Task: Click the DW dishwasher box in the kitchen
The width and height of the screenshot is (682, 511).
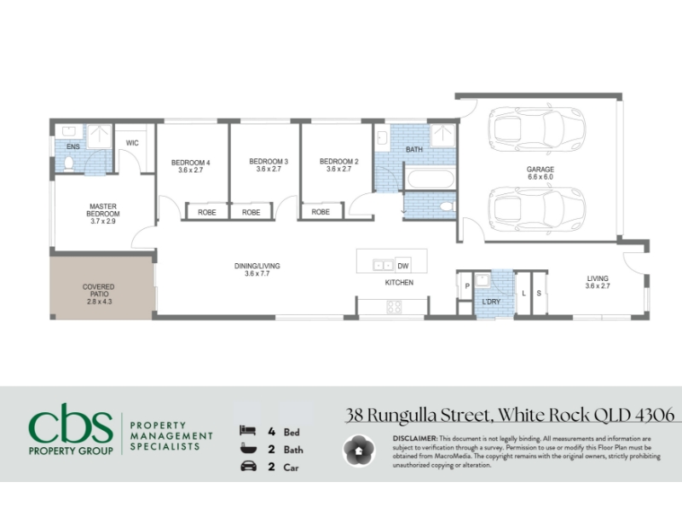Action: point(403,266)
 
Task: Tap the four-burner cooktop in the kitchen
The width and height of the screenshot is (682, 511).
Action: point(394,307)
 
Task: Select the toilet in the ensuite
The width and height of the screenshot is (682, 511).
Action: point(69,164)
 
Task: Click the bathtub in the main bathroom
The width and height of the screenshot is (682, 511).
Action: point(431,179)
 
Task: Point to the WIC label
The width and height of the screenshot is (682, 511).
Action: point(132,143)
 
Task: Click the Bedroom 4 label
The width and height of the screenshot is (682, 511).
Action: point(190,163)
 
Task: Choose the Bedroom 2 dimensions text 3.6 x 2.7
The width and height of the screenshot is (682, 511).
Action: point(338,169)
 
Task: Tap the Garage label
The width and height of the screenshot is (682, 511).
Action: point(540,169)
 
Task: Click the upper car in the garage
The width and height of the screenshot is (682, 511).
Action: point(537,129)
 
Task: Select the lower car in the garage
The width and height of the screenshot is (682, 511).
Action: point(537,210)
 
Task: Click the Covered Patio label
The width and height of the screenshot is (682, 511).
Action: point(99,290)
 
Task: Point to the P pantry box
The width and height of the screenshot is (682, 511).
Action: point(466,285)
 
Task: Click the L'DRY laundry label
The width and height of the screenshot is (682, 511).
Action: point(491,301)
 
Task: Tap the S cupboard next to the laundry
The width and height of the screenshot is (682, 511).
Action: point(539,293)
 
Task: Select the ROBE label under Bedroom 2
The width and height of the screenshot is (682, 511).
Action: point(321,211)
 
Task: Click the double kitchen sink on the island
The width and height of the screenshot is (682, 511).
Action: point(383,265)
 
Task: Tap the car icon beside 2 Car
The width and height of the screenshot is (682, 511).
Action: point(248,466)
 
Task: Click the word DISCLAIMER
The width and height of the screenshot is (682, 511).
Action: point(415,439)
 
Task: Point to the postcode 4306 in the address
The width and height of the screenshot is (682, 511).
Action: point(655,415)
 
